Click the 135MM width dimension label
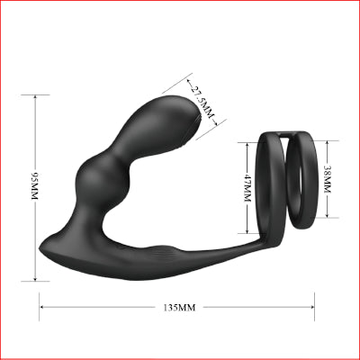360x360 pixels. (179, 308)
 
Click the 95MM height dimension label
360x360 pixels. (35, 186)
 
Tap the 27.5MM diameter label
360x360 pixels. (202, 103)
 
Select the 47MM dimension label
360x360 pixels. (247, 188)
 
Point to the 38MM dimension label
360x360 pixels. (327, 179)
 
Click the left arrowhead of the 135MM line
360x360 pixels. (42, 307)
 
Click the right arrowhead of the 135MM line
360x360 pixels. (312, 307)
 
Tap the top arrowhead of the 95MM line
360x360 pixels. (35, 97)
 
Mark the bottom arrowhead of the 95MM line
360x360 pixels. (35, 279)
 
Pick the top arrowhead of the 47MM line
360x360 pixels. (247, 145)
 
